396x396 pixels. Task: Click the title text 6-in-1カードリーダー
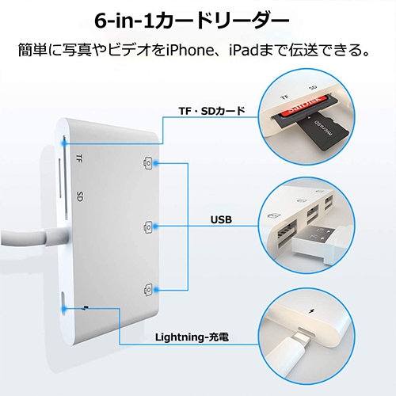(x=192, y=21)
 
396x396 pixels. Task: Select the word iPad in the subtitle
(x=244, y=50)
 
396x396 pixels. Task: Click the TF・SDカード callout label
(x=212, y=111)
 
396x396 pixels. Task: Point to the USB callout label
(x=221, y=219)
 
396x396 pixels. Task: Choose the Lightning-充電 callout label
(x=192, y=337)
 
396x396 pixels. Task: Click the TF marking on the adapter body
(x=79, y=158)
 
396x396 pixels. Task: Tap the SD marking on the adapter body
(x=79, y=196)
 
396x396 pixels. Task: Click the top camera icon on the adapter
(x=148, y=162)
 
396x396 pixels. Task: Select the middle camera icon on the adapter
(x=148, y=227)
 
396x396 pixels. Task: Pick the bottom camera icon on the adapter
(x=148, y=289)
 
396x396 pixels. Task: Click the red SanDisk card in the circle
(x=303, y=108)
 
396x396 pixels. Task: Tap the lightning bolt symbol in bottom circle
(x=311, y=311)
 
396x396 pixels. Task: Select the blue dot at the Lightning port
(x=63, y=308)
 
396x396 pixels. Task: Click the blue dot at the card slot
(x=64, y=143)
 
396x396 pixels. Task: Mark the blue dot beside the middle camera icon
(x=156, y=227)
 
